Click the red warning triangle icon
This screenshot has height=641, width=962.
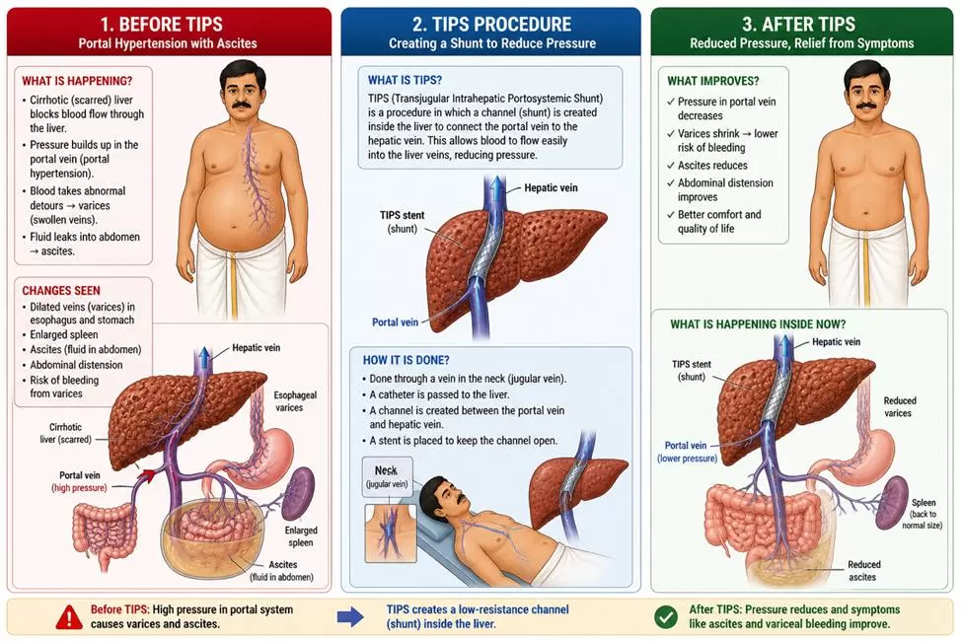(69, 617)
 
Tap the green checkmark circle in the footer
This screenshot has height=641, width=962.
(666, 617)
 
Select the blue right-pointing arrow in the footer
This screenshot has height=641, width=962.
(350, 617)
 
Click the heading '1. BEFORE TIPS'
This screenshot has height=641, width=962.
(162, 25)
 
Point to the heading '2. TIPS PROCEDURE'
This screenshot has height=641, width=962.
(492, 25)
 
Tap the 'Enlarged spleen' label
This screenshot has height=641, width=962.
(301, 536)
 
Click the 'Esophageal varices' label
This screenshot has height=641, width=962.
(295, 401)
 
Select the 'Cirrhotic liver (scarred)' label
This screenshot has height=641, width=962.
(66, 433)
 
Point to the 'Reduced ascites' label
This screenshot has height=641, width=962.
(863, 570)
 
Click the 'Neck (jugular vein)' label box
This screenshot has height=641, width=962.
(387, 476)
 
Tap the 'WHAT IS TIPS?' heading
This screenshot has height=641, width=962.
(405, 80)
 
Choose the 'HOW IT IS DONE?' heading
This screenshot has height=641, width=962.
(406, 360)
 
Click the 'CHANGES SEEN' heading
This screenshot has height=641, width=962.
(61, 291)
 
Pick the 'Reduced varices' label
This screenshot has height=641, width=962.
(900, 406)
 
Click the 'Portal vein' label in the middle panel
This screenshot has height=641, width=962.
(395, 322)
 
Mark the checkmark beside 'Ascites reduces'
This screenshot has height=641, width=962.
(671, 166)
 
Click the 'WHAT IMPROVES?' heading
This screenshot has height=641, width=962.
(713, 81)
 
